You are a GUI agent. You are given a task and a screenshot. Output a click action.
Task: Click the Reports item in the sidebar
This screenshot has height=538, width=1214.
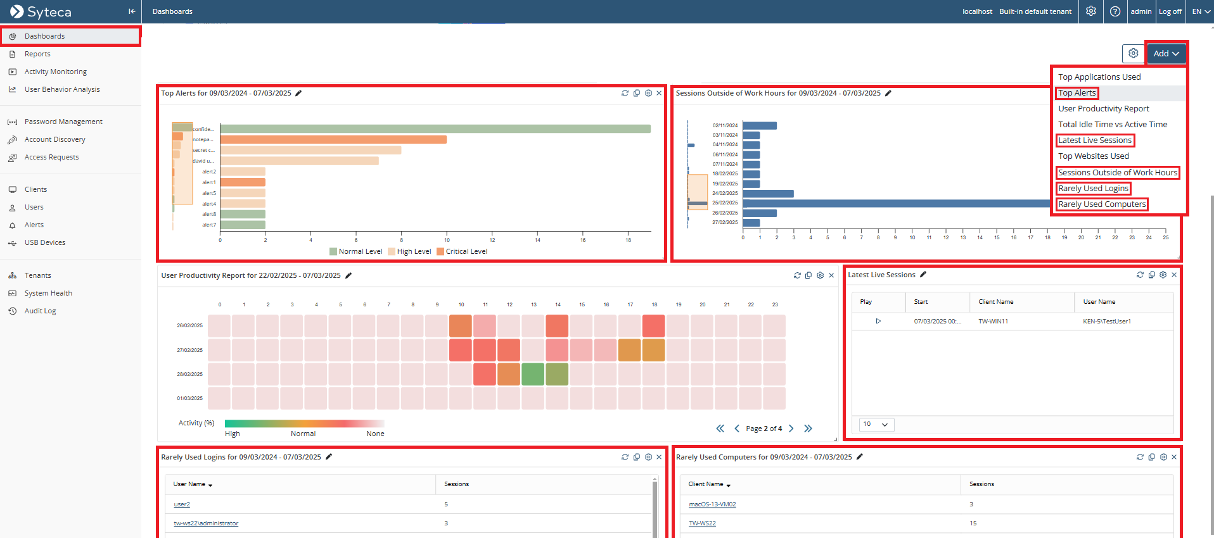point(37,54)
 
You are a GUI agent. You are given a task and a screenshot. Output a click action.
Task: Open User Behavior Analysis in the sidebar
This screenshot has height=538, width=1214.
point(62,90)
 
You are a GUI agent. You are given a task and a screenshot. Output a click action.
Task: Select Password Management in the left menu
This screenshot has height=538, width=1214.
point(63,122)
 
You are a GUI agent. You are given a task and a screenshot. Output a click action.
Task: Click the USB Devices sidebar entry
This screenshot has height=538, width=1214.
point(45,243)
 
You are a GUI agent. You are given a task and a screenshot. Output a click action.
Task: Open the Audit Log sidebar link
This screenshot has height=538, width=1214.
point(40,311)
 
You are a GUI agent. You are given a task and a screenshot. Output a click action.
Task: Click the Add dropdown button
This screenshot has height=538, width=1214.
point(1166,54)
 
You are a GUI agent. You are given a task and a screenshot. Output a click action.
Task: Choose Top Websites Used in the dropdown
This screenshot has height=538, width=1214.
point(1093,156)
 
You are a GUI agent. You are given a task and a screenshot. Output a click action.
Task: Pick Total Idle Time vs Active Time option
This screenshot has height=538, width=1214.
point(1112,125)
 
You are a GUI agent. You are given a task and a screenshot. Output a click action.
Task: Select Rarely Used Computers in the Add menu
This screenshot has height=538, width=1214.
point(1102,204)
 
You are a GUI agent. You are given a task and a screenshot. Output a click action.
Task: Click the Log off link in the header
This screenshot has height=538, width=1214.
point(1170,11)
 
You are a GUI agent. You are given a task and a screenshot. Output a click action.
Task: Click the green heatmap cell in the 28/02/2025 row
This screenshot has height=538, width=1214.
point(533,374)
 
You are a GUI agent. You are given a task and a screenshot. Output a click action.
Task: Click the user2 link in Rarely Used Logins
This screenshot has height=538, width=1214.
point(182,504)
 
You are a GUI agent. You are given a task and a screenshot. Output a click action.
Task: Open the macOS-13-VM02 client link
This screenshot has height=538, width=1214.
point(712,504)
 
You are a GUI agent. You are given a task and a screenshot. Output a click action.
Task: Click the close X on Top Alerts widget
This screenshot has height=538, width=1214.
point(659,93)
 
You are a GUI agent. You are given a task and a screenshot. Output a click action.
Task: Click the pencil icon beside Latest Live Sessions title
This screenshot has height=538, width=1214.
point(923,275)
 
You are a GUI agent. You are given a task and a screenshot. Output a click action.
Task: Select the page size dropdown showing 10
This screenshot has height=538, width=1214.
point(876,424)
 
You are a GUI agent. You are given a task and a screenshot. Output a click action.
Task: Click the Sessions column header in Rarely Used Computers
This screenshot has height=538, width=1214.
point(981,484)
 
